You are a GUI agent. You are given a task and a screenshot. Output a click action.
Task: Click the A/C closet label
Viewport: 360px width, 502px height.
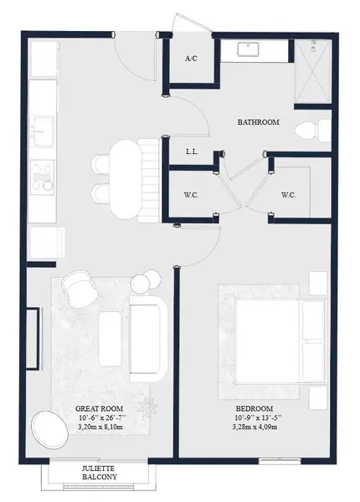pyautogui.click(x=191, y=59)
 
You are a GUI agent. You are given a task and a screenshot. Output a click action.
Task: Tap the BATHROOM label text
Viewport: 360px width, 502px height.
pyautogui.click(x=259, y=122)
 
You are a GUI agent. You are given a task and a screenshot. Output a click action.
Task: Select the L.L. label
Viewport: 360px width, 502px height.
pyautogui.click(x=191, y=152)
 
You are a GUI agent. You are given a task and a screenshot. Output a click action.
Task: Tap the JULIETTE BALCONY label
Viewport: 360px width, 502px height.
pyautogui.click(x=100, y=473)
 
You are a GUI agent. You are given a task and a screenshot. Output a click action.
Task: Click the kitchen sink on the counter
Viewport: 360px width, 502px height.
pyautogui.click(x=40, y=131)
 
